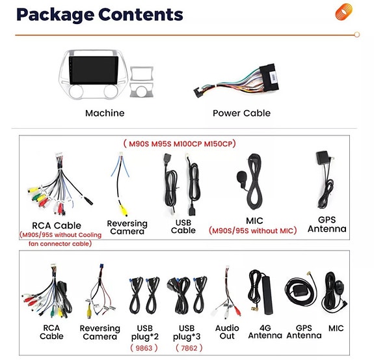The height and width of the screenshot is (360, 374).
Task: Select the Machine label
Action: tap(105, 113)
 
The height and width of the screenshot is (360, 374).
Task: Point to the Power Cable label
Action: tap(242, 113)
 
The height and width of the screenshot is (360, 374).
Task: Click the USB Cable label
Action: tap(183, 226)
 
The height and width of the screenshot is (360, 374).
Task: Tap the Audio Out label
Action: tap(227, 331)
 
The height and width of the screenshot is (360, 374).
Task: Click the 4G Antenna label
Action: tap(265, 331)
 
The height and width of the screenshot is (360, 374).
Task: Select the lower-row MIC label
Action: tap(336, 328)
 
